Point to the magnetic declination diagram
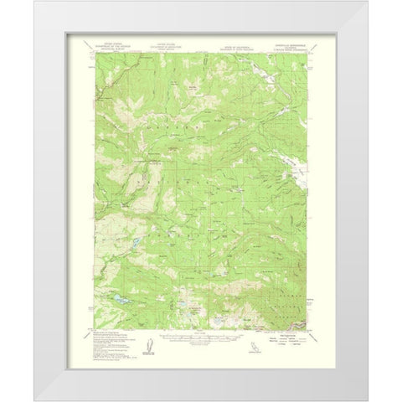click(148, 340)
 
